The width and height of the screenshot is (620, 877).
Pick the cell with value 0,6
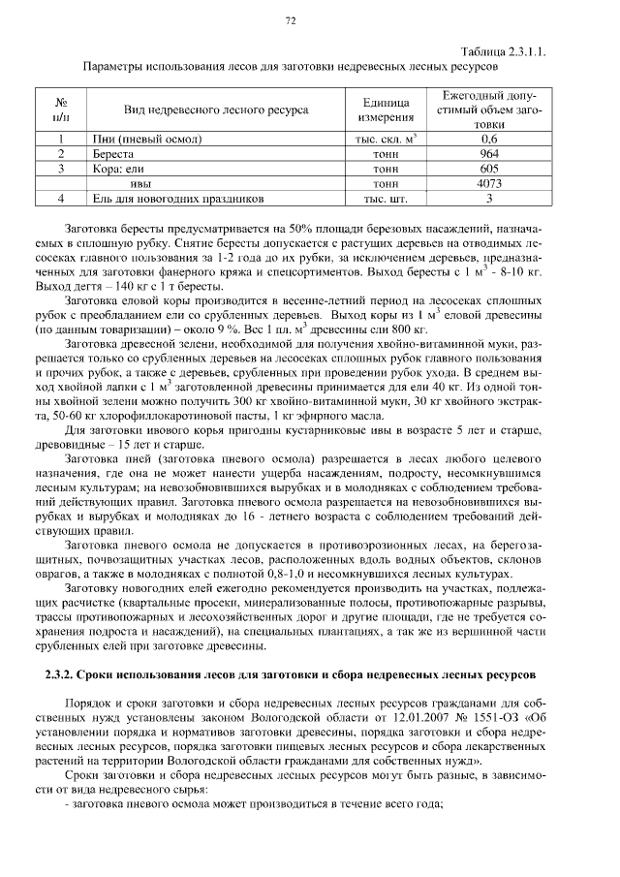[488, 139]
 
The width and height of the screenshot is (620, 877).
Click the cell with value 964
[488, 153]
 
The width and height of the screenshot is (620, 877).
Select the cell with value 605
[488, 168]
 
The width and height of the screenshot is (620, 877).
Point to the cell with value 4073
[488, 182]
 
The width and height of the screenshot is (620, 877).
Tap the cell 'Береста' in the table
[113, 153]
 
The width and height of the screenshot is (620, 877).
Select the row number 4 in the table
[61, 198]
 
